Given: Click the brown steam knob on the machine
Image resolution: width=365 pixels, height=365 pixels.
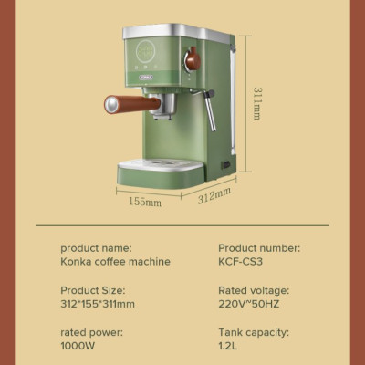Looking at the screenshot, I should (193, 61).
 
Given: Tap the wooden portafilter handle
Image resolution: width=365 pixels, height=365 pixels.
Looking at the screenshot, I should (121, 103).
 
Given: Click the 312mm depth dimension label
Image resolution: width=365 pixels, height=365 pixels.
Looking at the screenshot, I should (214, 197).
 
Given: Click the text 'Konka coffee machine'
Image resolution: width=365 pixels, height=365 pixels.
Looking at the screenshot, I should (115, 262).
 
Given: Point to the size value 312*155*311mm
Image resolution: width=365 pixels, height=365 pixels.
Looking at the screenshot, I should (98, 304).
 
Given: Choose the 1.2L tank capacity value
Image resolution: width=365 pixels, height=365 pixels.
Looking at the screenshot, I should (228, 346).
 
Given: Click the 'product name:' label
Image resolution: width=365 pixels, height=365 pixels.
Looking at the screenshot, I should (96, 247).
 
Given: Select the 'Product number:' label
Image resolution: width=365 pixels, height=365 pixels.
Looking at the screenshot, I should (259, 247).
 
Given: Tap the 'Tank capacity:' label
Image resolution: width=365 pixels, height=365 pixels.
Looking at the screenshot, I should (254, 331).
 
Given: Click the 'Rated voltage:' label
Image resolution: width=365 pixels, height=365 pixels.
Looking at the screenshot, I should (254, 289).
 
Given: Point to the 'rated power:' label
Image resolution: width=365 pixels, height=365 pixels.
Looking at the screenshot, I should (90, 331).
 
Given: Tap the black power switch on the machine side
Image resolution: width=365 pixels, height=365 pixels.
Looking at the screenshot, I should (224, 164).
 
